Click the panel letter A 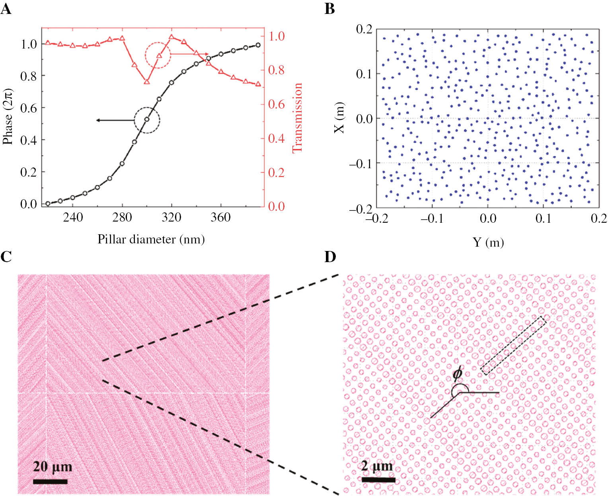click(x=6, y=8)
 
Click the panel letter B click(x=329, y=8)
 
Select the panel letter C click(x=6, y=257)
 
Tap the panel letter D click(x=330, y=257)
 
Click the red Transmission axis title click(x=297, y=118)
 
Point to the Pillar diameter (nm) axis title click(x=151, y=239)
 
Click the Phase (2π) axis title click(x=8, y=116)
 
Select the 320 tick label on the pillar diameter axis click(x=171, y=217)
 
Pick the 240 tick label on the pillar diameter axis click(x=73, y=217)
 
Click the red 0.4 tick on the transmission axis click(x=276, y=138)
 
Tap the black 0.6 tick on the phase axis click(x=28, y=108)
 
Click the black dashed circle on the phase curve click(x=147, y=120)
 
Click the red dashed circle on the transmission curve click(x=158, y=55)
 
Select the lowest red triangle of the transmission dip click(x=146, y=82)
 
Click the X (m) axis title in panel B click(x=339, y=118)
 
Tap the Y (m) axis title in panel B click(x=488, y=242)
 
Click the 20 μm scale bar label click(x=53, y=467)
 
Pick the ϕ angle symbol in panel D click(x=458, y=374)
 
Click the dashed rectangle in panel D click(x=513, y=346)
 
